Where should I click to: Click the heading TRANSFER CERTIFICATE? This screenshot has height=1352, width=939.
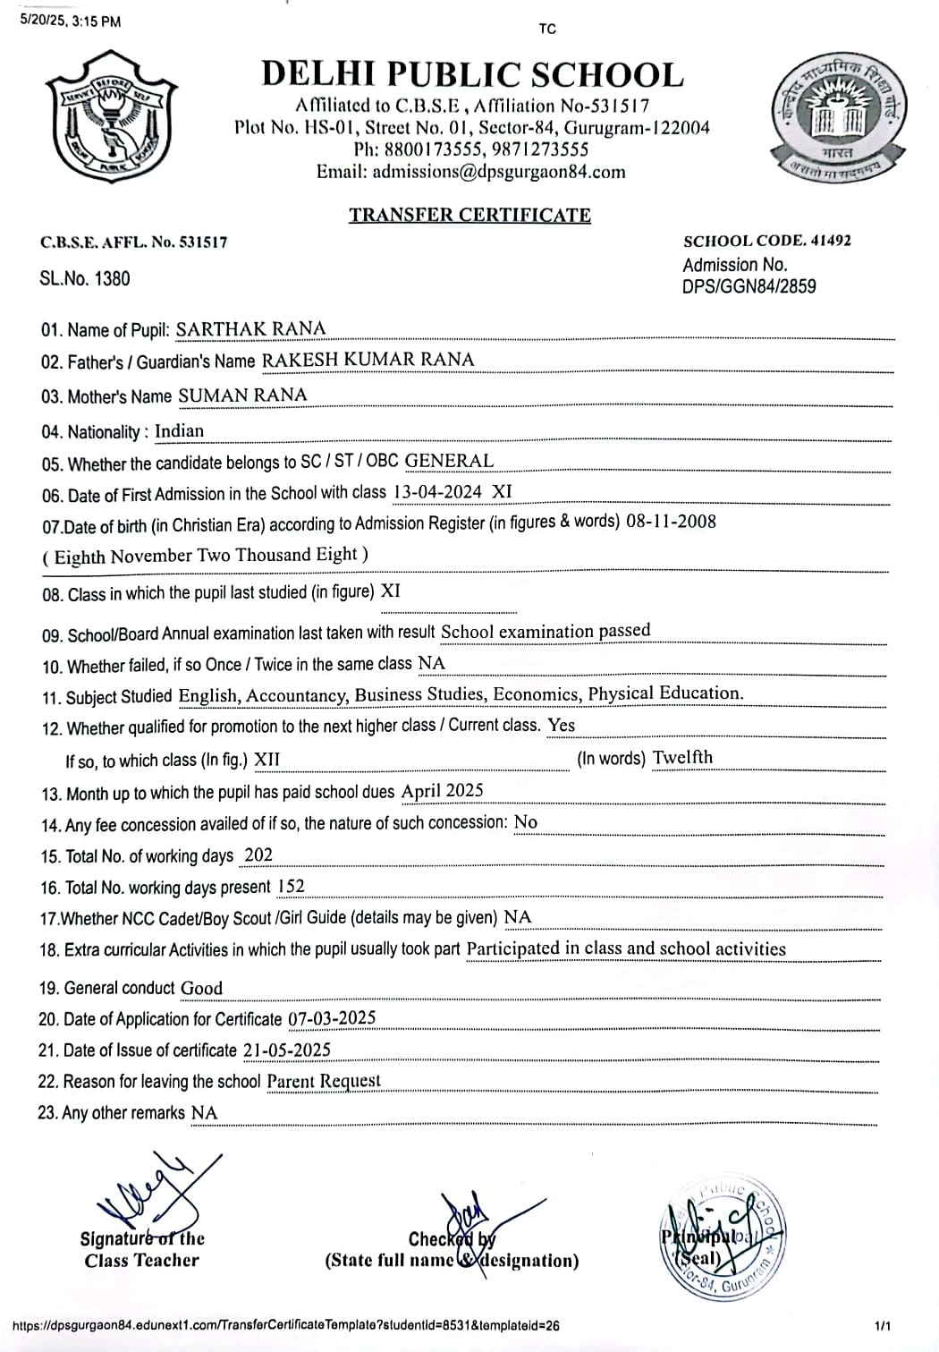(x=469, y=215)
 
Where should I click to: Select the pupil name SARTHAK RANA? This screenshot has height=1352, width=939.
(x=250, y=328)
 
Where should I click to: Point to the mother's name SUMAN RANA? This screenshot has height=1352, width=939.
(x=242, y=395)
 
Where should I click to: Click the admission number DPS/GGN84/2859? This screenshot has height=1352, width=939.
(x=749, y=286)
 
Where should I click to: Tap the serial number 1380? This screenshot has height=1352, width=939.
(x=112, y=278)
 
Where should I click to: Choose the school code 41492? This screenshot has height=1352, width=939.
(x=831, y=241)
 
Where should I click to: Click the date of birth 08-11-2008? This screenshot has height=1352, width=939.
(x=671, y=522)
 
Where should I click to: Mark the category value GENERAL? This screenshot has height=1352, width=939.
(x=449, y=461)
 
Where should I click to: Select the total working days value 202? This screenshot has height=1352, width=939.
(x=258, y=855)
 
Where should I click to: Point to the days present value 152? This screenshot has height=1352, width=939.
(x=292, y=886)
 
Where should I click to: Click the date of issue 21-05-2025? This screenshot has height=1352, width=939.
(x=286, y=1050)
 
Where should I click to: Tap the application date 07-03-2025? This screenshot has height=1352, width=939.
(x=332, y=1018)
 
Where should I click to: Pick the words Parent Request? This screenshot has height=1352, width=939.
(x=324, y=1080)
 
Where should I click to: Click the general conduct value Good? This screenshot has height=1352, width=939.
(x=201, y=988)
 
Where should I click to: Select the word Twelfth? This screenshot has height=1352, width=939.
(x=682, y=757)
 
